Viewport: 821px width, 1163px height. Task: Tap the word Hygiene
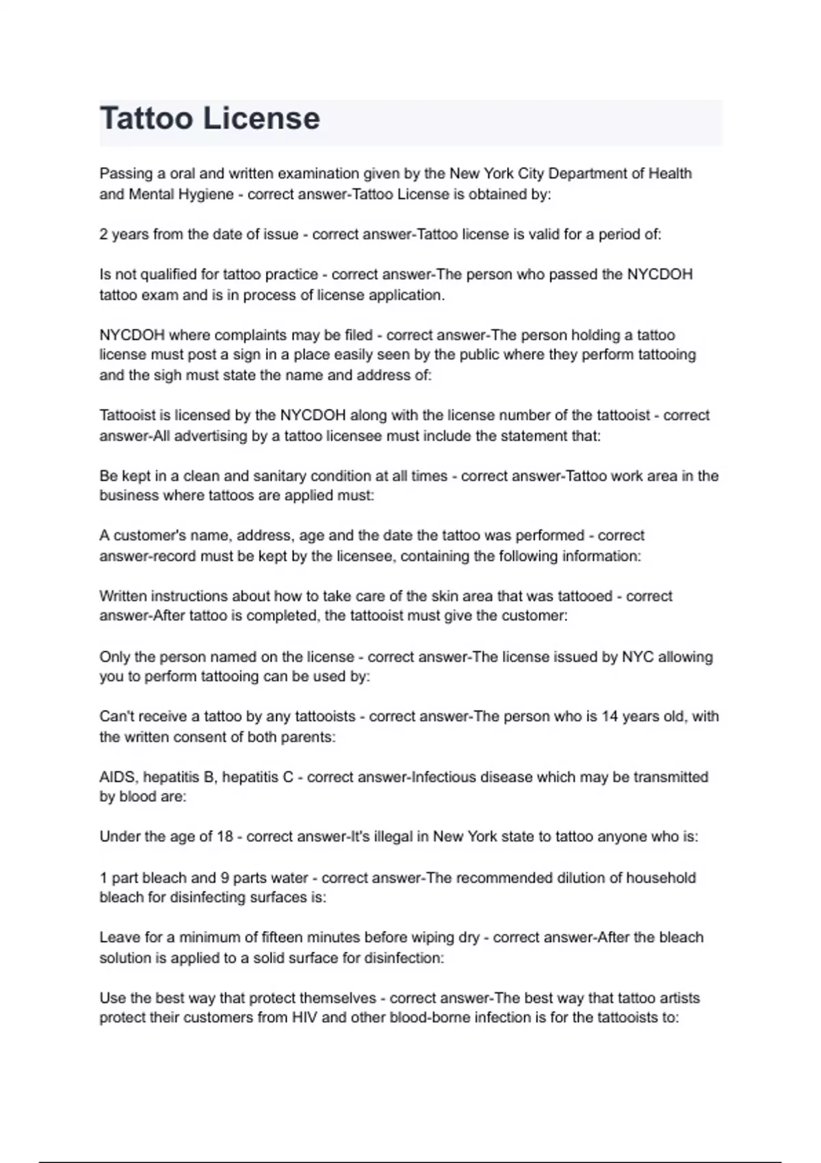click(x=206, y=194)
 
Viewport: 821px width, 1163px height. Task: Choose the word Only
click(x=114, y=657)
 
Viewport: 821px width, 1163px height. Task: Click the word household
click(x=652, y=878)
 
